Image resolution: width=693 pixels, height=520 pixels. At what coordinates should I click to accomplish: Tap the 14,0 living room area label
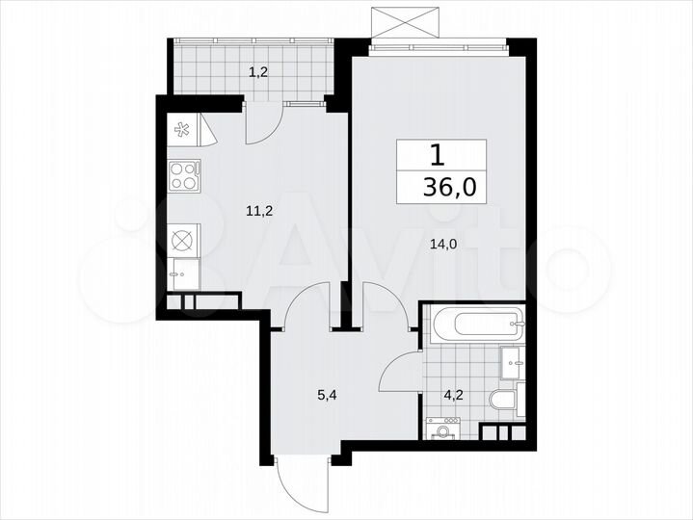point(444,245)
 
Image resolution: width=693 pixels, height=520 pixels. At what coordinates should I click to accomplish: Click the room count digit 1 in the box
point(438,155)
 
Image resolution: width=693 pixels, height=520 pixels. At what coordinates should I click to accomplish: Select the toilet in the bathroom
point(503,400)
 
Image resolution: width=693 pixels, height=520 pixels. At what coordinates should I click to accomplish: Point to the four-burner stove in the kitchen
point(184,175)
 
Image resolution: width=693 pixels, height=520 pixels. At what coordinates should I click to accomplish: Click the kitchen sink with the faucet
point(182,273)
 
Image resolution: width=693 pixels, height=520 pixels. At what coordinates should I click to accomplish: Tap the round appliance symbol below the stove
point(183,240)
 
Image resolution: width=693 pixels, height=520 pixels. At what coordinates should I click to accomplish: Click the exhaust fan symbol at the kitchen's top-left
point(181,125)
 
